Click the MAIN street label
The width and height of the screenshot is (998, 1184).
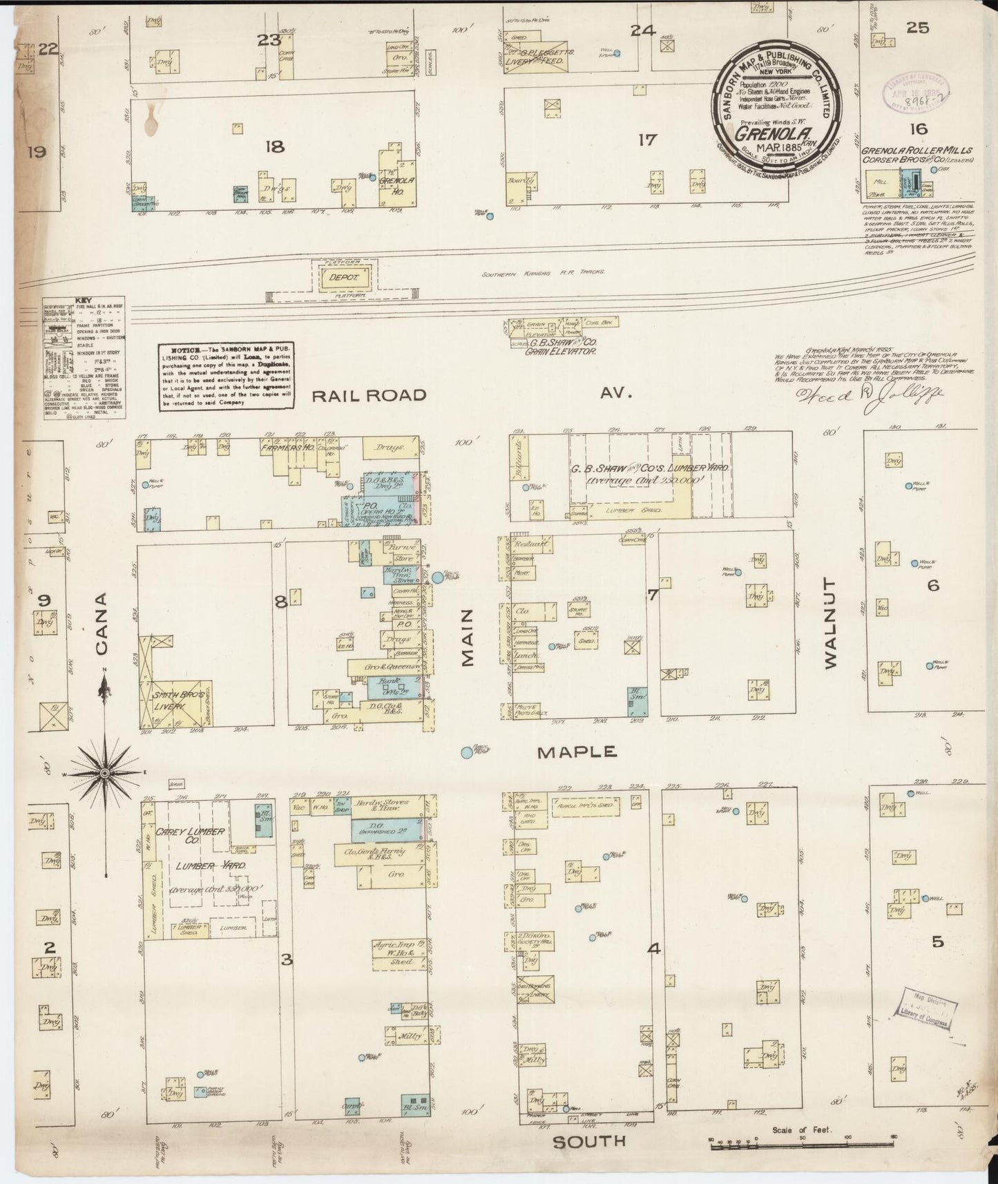(468, 638)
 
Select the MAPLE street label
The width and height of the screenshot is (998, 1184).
(577, 752)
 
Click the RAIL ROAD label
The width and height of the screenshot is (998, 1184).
(369, 395)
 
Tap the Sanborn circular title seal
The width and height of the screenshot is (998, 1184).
(777, 105)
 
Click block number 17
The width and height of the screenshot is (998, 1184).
(647, 140)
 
